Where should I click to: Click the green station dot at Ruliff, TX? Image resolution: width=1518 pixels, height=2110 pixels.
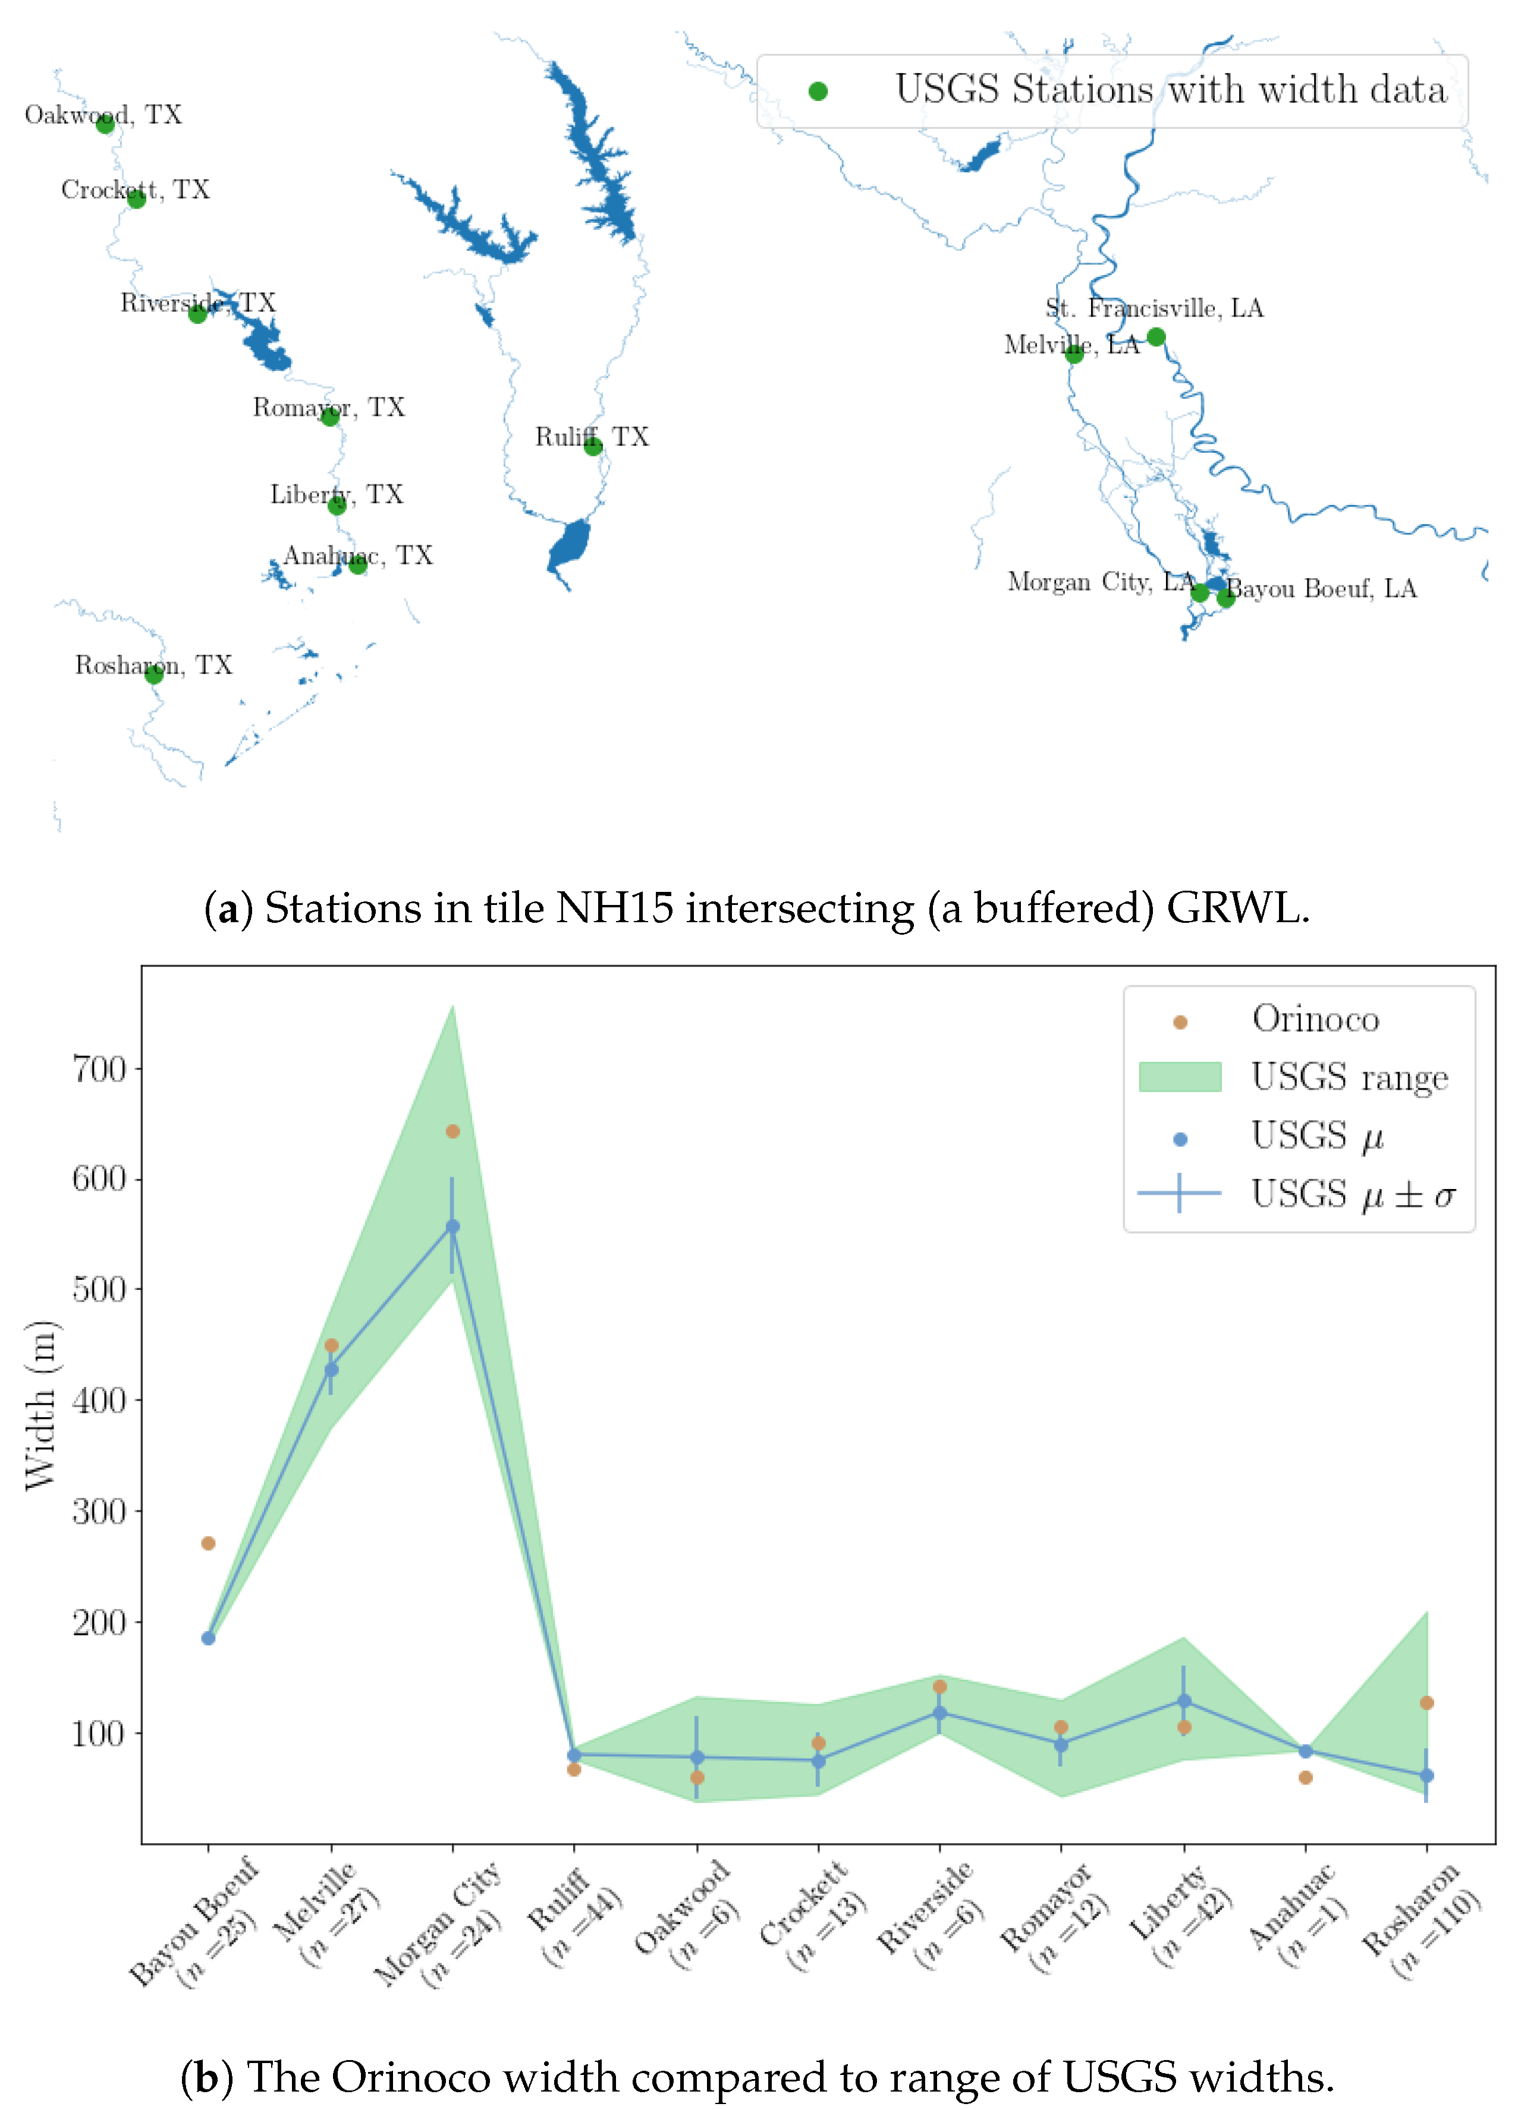593,447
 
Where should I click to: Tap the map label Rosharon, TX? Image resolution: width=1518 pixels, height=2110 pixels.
153,665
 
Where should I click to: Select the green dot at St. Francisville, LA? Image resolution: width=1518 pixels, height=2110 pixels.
1156,337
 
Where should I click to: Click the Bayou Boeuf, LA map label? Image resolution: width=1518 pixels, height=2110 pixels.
1322,589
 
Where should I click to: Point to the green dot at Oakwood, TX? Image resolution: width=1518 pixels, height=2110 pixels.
105,124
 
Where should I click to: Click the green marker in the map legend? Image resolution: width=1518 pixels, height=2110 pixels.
818,91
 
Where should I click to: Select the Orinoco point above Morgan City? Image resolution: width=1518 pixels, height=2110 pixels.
453,1132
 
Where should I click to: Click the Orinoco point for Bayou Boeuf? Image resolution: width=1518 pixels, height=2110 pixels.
209,1543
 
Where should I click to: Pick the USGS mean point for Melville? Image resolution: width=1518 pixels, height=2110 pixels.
331,1370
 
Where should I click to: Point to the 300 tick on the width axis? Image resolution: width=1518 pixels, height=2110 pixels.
99,1512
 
